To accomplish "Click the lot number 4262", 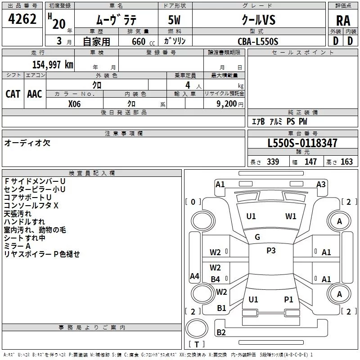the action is (x=22, y=19).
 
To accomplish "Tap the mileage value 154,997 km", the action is (x=53, y=64).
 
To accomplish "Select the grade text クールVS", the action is (x=259, y=20).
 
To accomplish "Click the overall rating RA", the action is (x=343, y=21).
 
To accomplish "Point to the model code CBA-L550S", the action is (x=258, y=41).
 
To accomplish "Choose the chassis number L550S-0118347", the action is (x=302, y=143).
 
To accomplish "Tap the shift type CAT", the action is (x=13, y=94).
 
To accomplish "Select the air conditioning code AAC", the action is (x=35, y=94).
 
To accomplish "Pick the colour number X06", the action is (x=74, y=104).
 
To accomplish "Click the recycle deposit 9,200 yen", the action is (x=230, y=104).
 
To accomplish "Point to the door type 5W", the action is (x=174, y=20).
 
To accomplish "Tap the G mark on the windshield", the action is (x=257, y=237).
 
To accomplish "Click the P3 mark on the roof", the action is (x=271, y=251).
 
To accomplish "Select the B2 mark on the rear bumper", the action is (x=221, y=332).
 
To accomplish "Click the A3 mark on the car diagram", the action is (x=321, y=184).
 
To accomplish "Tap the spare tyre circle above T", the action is (x=197, y=328).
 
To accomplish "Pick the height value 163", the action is (x=346, y=162).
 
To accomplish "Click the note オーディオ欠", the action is (x=27, y=143).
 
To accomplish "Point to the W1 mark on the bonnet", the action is (x=291, y=216).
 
